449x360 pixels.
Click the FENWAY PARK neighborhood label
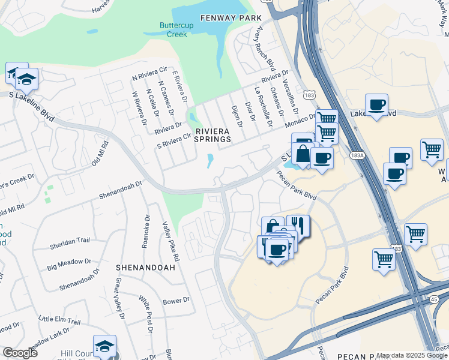point(223,19)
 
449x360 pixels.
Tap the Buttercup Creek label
point(173,30)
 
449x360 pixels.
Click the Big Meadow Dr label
point(70,262)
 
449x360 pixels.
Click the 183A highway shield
point(357,155)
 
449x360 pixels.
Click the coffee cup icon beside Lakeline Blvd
point(376,105)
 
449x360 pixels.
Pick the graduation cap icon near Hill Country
point(104,346)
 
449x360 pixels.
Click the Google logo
point(20,353)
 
